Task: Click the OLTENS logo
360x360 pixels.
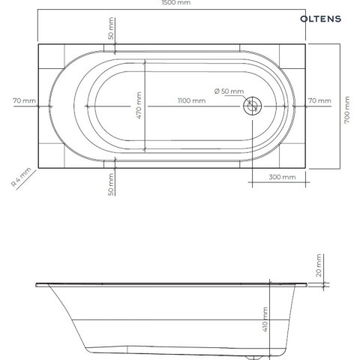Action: (x=320, y=19)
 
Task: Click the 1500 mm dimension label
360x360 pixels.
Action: (x=176, y=3)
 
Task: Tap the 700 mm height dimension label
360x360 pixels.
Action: (x=347, y=109)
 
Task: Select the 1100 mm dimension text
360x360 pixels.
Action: (x=192, y=100)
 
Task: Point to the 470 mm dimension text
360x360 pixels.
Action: (x=139, y=105)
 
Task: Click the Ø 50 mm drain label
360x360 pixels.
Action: (x=229, y=91)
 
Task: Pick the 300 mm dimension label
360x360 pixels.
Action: (x=282, y=177)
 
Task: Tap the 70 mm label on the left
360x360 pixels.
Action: (x=24, y=100)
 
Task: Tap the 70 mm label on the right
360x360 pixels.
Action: (x=319, y=100)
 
